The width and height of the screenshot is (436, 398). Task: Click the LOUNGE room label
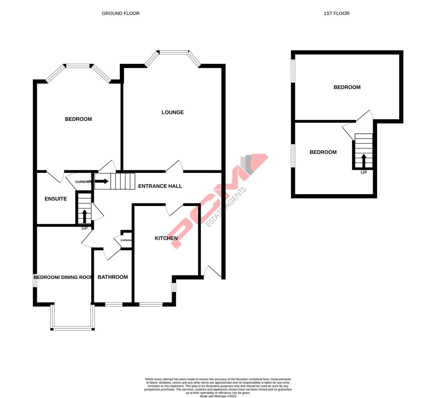[x=172, y=112]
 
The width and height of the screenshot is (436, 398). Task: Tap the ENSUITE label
[x=56, y=199]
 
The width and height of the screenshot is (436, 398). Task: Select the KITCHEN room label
[x=166, y=238]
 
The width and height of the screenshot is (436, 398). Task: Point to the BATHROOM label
[x=113, y=277]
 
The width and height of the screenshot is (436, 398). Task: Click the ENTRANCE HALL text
[x=160, y=186]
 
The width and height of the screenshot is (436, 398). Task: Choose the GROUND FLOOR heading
[x=120, y=13]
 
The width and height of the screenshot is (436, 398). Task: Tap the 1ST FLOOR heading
[x=336, y=13]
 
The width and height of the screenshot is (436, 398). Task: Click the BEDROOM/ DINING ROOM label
[x=63, y=277]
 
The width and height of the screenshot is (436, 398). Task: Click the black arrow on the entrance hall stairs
[x=102, y=181]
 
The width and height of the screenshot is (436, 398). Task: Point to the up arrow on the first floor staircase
[x=363, y=161]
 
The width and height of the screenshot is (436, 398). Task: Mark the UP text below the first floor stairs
[x=363, y=172]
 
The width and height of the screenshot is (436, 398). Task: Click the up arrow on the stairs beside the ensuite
[x=85, y=217]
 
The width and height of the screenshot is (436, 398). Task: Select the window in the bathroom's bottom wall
[x=114, y=304]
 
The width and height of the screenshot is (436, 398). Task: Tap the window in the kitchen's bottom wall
[x=151, y=304]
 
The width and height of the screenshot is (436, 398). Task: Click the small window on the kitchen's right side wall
[x=174, y=287]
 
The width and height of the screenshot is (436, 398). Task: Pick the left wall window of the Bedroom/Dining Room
[x=35, y=281]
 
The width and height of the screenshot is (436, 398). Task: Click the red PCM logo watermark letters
[x=206, y=206]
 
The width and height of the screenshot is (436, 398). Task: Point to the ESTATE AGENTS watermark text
[x=226, y=207]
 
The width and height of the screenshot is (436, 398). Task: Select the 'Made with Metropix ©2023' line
[x=218, y=397]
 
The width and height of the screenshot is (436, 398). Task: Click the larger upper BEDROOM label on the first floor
[x=347, y=87]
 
